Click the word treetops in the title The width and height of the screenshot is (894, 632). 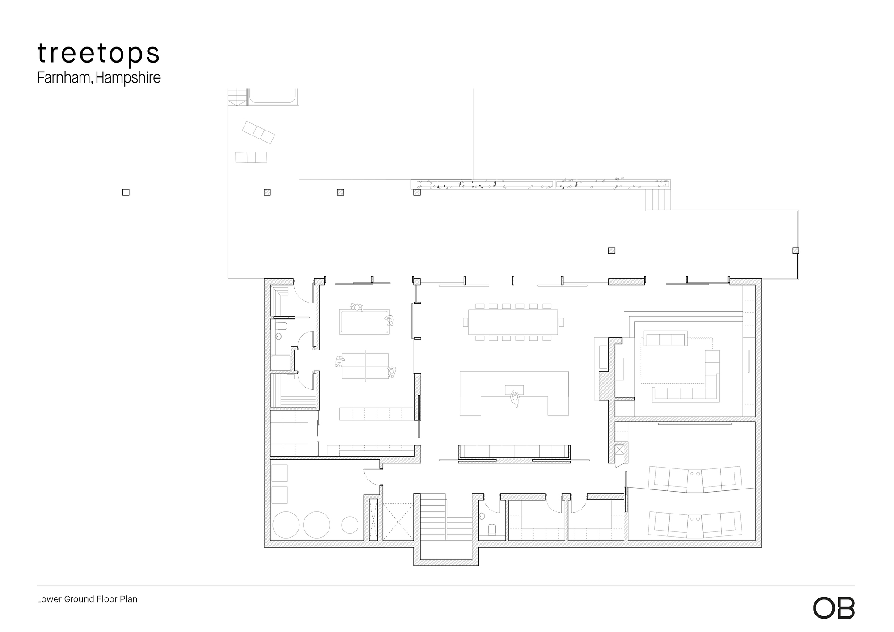point(98,54)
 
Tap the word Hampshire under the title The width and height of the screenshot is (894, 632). point(128,78)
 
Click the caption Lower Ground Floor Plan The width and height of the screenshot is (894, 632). point(87,599)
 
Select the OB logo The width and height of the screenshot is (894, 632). point(834,608)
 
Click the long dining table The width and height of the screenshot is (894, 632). point(513,322)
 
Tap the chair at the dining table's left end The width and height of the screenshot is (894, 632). point(465,322)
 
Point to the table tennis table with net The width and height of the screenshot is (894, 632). point(365,366)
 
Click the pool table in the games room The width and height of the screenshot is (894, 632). point(364,322)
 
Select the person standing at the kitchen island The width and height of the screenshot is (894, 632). point(515,398)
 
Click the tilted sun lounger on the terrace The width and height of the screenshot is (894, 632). point(258,132)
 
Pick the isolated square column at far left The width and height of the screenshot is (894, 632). point(126,192)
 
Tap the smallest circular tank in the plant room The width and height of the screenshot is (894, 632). point(350,525)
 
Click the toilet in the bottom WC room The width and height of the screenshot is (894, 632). point(492,530)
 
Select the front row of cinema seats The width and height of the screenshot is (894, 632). point(695,479)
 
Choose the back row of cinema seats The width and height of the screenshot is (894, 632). point(695,524)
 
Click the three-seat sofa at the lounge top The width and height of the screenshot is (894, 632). point(665,339)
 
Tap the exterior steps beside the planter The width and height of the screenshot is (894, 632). point(658,200)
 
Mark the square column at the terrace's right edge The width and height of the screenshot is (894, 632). point(796,251)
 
